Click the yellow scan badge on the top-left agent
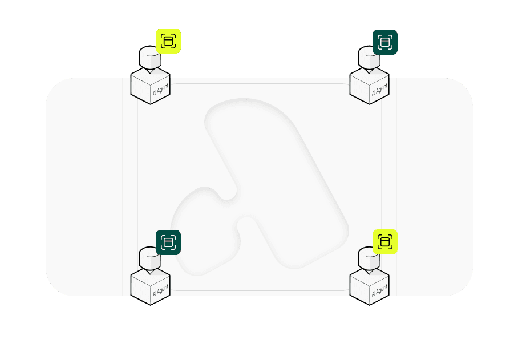coord(168,41)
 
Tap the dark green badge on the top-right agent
coord(385,42)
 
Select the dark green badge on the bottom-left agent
coord(168,242)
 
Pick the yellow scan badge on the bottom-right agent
coord(385,242)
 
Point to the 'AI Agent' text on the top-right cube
coord(379,90)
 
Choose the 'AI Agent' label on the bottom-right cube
coord(379,292)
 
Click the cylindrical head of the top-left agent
coord(148,56)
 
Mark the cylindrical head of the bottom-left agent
coord(148,258)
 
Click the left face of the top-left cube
coord(140,89)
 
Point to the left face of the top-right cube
coord(359,89)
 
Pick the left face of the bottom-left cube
coord(140,290)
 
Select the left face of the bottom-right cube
coord(359,290)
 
